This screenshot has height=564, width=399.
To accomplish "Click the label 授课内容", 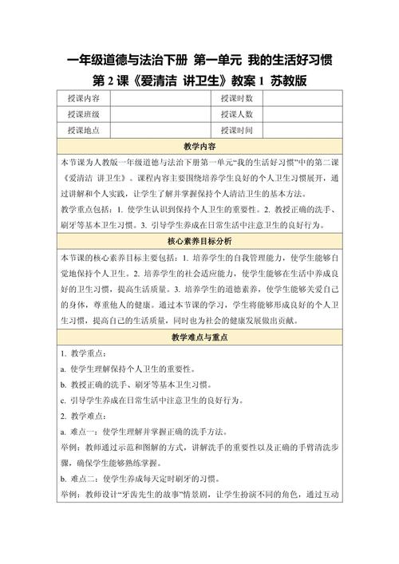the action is pyautogui.click(x=84, y=98).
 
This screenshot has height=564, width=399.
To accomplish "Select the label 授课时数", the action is pyautogui.click(x=237, y=98).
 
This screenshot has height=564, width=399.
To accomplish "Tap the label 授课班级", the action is pyautogui.click(x=84, y=114).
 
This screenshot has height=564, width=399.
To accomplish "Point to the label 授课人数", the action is pyautogui.click(x=237, y=114).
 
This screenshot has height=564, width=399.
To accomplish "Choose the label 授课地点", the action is pyautogui.click(x=84, y=130).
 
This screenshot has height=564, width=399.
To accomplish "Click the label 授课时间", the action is pyautogui.click(x=237, y=130).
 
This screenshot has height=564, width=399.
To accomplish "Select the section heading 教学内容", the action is pyautogui.click(x=199, y=146).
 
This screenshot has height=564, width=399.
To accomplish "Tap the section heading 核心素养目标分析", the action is pyautogui.click(x=199, y=241).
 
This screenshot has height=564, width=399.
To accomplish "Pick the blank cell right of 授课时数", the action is pyautogui.click(x=303, y=98).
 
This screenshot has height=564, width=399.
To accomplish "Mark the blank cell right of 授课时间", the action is pyautogui.click(x=303, y=130).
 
